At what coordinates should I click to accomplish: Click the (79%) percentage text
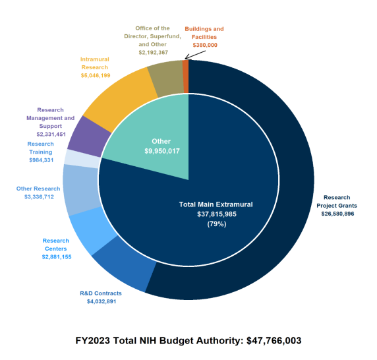216,224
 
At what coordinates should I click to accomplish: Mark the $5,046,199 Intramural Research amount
95,76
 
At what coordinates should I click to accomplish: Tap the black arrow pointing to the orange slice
193,54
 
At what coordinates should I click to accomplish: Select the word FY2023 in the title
96,340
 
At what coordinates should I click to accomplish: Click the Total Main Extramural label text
216,204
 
